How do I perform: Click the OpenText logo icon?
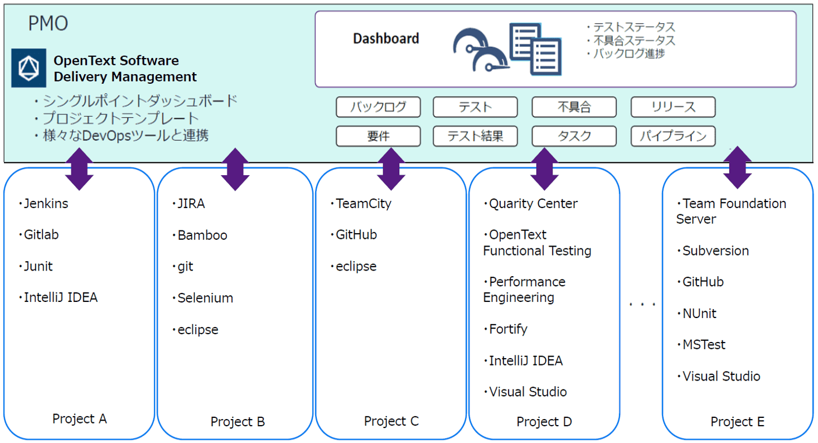point(28,68)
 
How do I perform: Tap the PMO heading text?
point(48,23)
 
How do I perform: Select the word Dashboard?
point(386,38)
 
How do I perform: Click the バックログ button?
point(378,107)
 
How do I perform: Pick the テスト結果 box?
point(475,136)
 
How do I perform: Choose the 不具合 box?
point(574,107)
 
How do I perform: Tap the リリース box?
point(673,107)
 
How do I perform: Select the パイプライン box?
point(673,136)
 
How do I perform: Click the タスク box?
point(574,136)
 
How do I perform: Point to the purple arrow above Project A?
point(79,169)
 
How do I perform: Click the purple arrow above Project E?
point(738,167)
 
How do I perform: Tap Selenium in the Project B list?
point(205,298)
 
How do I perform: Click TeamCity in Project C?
point(363,204)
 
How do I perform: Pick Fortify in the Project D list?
point(507,329)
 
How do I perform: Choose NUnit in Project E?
point(699,314)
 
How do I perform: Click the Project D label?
point(544,422)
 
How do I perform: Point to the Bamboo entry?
point(202,235)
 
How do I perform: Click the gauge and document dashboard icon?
point(506,49)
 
